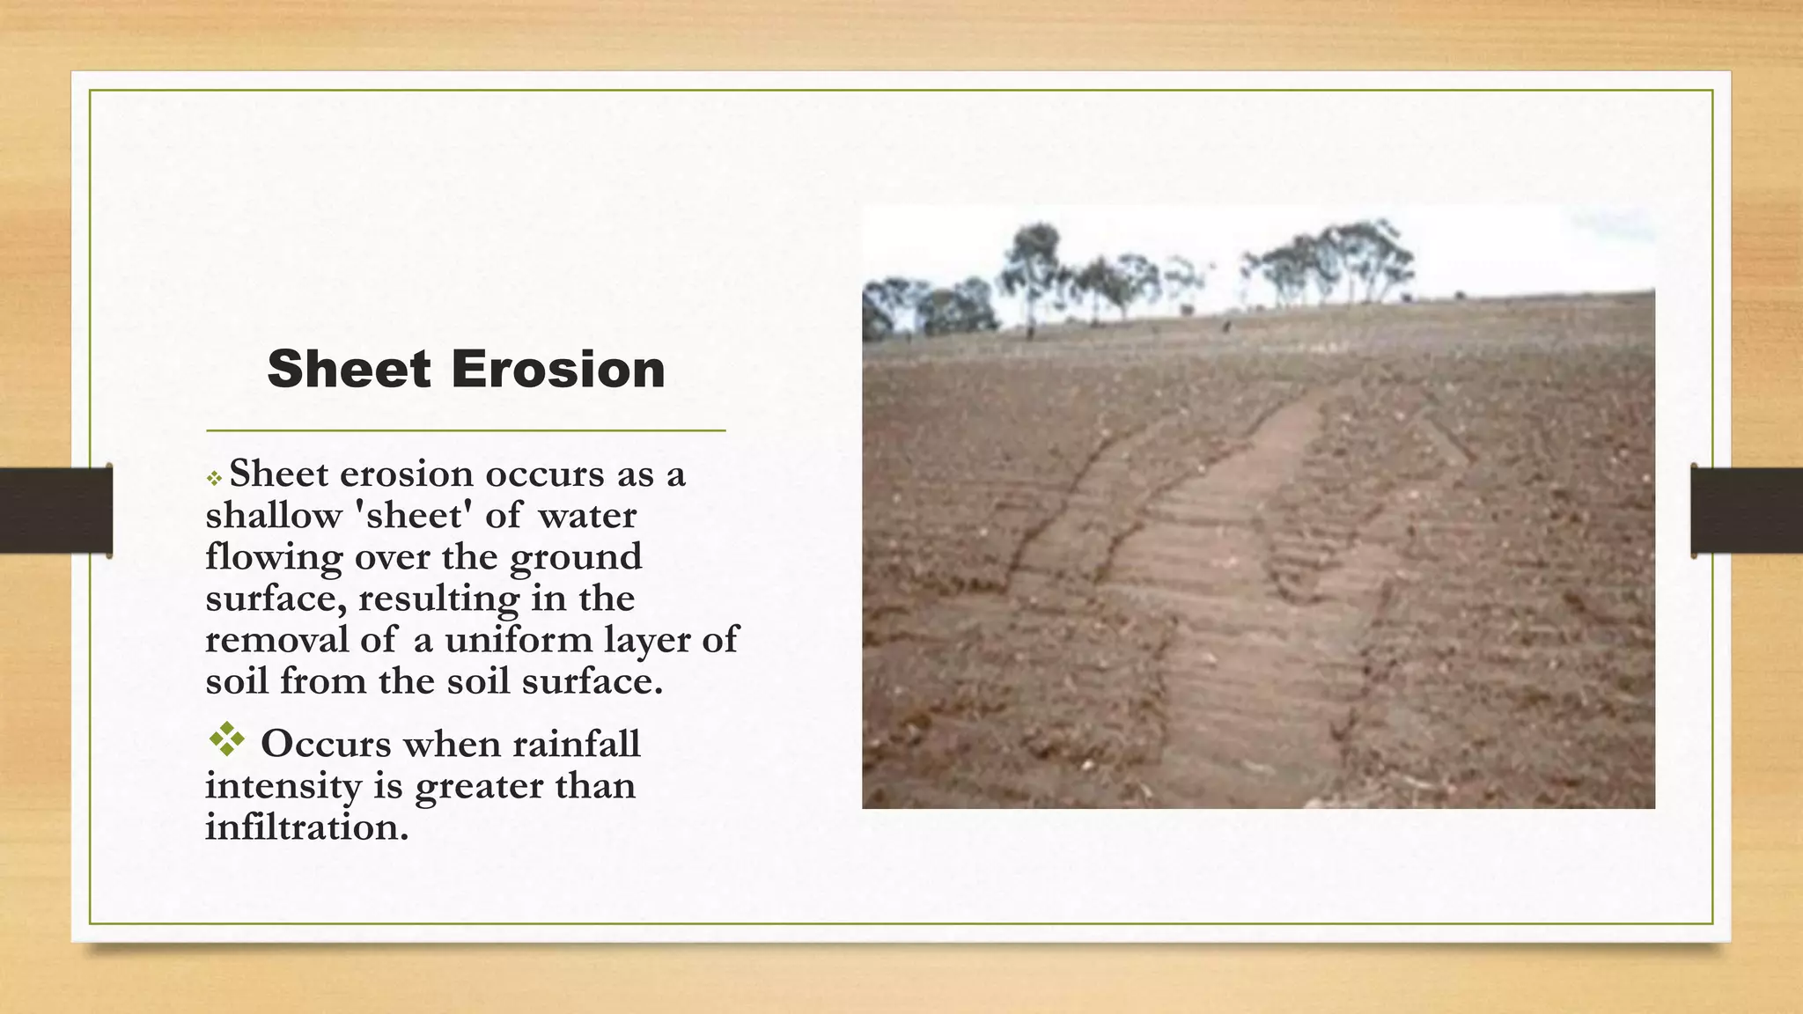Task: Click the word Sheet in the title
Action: point(349,369)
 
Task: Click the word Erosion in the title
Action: point(558,369)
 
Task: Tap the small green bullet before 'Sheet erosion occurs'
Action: point(214,479)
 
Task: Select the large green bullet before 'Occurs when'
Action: point(226,739)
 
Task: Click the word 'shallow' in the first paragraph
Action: point(273,516)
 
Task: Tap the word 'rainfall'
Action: point(577,745)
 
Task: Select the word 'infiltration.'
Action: point(306,827)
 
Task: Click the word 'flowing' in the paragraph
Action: point(274,558)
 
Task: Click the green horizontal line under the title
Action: point(466,430)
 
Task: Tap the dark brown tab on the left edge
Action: point(56,511)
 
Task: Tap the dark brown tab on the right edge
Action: point(1747,511)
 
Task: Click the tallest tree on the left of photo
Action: point(1032,264)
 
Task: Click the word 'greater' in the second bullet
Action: point(467,786)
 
